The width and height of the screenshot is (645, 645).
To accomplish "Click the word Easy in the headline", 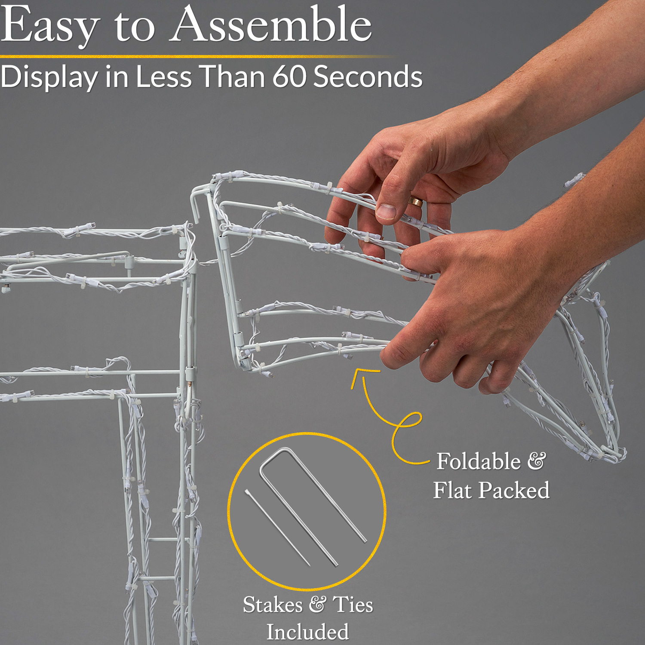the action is (x=50, y=26).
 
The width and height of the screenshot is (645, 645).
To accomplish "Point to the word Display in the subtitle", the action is (x=49, y=77).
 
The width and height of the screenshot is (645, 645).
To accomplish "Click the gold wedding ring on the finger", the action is (x=415, y=201).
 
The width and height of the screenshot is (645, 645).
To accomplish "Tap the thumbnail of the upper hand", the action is (x=386, y=211).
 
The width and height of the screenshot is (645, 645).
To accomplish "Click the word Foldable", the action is (x=479, y=461).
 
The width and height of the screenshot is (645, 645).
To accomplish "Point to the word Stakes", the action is (x=273, y=605).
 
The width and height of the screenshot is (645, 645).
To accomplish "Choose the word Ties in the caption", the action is (x=353, y=605).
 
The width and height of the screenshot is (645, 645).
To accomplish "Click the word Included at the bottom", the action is (x=308, y=632).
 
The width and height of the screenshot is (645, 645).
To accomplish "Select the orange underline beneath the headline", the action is (x=196, y=56).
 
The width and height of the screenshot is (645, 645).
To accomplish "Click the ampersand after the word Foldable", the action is (x=537, y=461).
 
